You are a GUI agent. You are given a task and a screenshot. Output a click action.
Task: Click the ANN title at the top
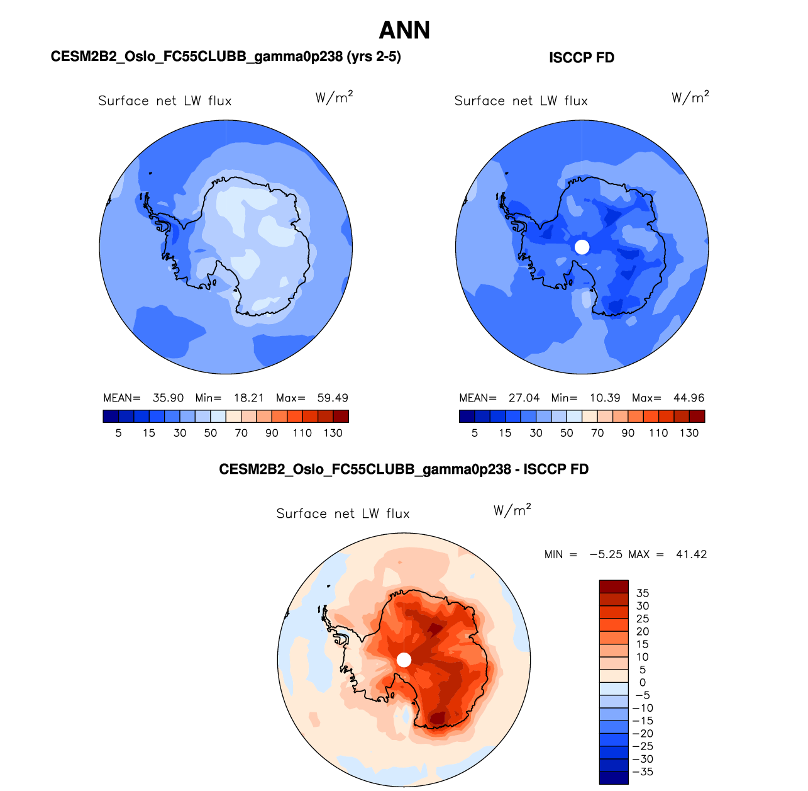tap(404, 30)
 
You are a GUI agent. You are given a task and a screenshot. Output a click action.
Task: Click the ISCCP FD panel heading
tap(582, 58)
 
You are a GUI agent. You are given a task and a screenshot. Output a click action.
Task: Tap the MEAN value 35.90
tap(168, 398)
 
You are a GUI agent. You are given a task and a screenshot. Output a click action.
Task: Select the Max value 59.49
tap(333, 398)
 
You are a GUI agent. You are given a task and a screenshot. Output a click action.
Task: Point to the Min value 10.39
tap(605, 398)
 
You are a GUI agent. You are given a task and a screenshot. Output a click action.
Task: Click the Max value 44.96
tap(689, 398)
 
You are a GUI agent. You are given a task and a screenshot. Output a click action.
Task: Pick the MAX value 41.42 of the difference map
tap(691, 554)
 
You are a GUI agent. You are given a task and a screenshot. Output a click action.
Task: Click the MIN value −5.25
tap(606, 554)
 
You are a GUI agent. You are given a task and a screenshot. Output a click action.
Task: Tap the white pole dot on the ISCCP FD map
tap(582, 247)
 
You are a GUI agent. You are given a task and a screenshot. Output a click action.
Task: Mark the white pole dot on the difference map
tap(404, 659)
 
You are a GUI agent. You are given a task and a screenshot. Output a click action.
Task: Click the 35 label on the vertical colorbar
tap(643, 593)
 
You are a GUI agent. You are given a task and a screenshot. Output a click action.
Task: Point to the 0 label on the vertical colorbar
tap(643, 683)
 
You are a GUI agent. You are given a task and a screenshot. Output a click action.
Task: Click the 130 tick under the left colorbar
tap(333, 433)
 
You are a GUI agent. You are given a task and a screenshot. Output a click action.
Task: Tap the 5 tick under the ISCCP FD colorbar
tap(475, 433)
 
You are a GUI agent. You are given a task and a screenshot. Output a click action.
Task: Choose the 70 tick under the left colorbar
tap(241, 433)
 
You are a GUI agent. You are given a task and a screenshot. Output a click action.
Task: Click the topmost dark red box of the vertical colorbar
tap(614, 586)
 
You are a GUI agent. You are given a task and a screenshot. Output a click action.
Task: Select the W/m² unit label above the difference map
tap(512, 510)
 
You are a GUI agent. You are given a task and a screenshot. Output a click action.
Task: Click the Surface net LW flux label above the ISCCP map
tap(521, 101)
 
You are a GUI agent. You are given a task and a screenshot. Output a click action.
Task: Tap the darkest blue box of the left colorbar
tap(111, 416)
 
